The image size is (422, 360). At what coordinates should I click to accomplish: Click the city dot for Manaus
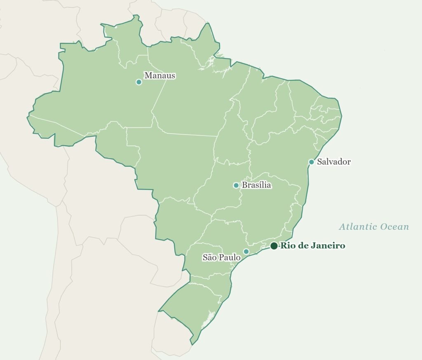tap(139, 82)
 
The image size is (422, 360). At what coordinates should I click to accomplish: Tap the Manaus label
tap(159, 75)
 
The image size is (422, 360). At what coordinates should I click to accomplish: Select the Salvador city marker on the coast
tap(312, 162)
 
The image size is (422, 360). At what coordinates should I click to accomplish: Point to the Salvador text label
tap(334, 161)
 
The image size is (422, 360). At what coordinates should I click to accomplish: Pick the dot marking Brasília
tap(236, 185)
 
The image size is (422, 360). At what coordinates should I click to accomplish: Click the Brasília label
tap(256, 185)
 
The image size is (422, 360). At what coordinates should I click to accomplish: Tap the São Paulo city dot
tap(246, 251)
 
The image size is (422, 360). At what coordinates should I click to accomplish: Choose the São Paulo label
tap(221, 257)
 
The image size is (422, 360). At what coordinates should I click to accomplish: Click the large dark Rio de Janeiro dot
tap(274, 246)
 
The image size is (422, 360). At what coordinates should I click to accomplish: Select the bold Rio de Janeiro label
tap(312, 246)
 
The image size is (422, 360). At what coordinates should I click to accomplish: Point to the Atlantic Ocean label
tap(374, 227)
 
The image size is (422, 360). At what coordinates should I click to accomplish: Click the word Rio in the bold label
tap(286, 246)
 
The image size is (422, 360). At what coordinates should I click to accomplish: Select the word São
tap(209, 257)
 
